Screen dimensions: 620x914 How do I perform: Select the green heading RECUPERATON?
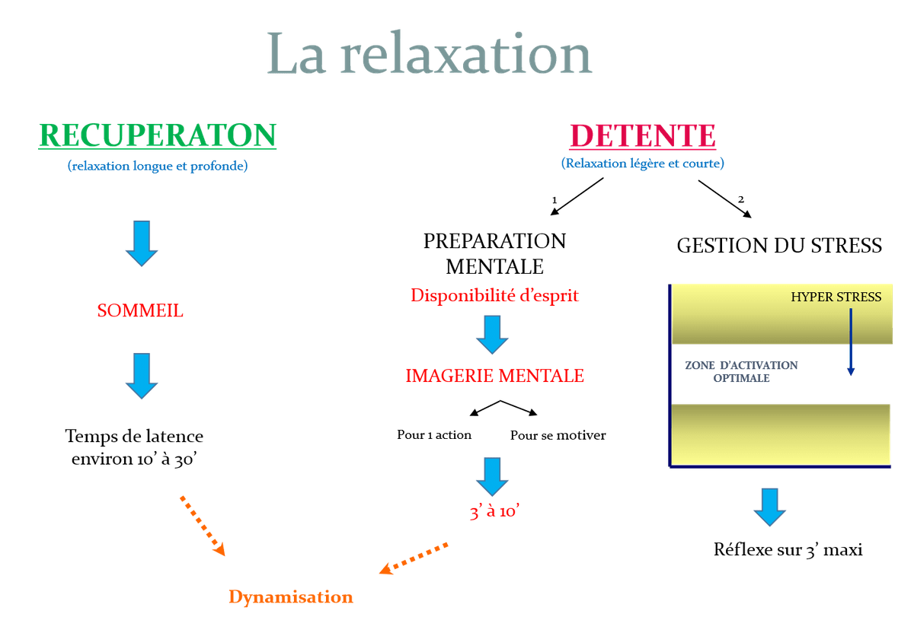[157, 135]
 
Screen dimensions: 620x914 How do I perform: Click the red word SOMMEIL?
[140, 311]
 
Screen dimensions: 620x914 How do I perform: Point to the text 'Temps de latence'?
[135, 437]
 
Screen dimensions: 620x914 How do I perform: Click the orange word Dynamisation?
[291, 597]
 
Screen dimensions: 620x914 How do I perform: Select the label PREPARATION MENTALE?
[494, 253]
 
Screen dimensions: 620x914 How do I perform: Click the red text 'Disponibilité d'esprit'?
[494, 295]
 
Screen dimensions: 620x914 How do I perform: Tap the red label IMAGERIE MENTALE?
[494, 376]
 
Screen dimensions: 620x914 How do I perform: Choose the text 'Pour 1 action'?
[434, 435]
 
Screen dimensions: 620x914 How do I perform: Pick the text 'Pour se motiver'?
[558, 435]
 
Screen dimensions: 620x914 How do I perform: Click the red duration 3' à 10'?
[494, 512]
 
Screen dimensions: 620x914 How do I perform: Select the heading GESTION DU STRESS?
[779, 246]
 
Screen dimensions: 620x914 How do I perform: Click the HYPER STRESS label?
[836, 297]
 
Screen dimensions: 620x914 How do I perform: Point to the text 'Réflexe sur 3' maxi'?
[788, 549]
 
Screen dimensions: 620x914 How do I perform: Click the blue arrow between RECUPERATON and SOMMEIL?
[142, 244]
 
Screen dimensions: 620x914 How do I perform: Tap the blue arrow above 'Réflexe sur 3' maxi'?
[770, 506]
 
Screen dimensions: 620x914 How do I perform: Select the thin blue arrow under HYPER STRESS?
[851, 342]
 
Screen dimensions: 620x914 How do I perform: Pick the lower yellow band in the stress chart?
[781, 433]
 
